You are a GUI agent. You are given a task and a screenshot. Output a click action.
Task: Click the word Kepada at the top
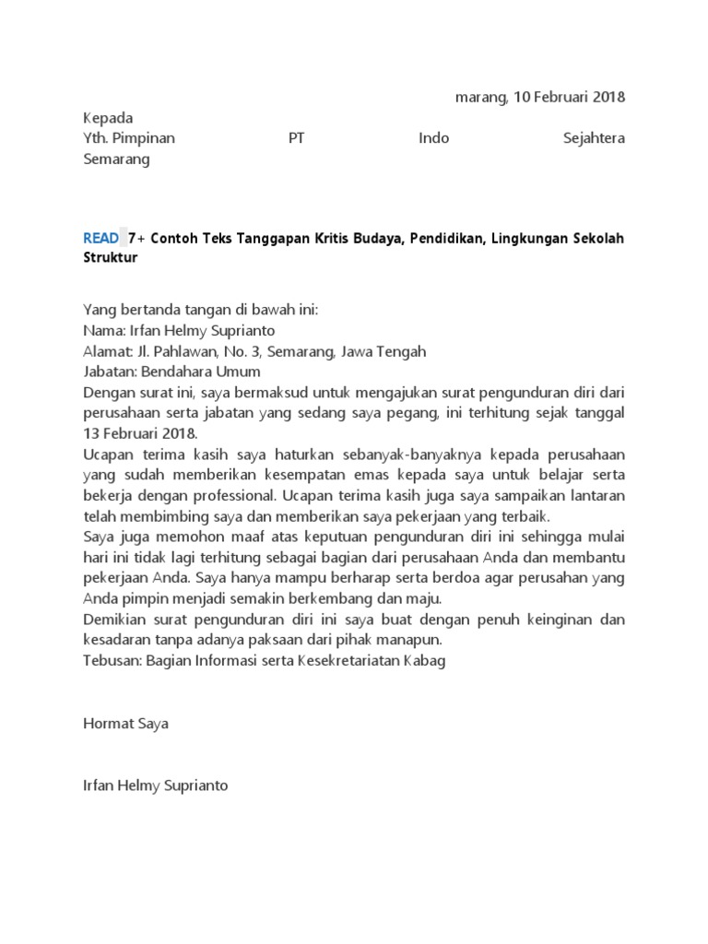pyautogui.click(x=108, y=118)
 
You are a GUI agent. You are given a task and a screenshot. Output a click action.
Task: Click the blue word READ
pyautogui.click(x=100, y=238)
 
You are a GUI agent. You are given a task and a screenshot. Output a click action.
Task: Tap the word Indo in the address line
pyautogui.click(x=434, y=138)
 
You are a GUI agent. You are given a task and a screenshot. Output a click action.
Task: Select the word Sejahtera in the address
pyautogui.click(x=593, y=138)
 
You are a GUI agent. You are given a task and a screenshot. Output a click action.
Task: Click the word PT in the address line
pyautogui.click(x=296, y=138)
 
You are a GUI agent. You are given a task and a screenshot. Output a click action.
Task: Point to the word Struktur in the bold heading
pyautogui.click(x=110, y=257)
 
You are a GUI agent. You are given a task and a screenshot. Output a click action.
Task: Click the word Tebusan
pyautogui.click(x=112, y=661)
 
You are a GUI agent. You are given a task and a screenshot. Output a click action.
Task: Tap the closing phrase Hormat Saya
pyautogui.click(x=126, y=724)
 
